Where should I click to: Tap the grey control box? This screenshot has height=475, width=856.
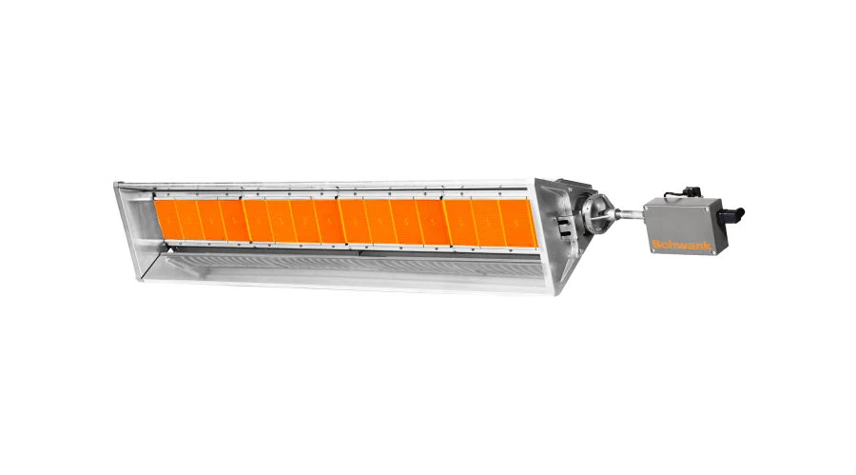[683, 224]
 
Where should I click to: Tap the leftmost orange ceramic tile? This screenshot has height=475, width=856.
[164, 218]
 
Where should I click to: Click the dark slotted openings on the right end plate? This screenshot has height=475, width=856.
[564, 228]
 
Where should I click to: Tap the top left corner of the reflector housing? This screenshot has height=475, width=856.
[116, 185]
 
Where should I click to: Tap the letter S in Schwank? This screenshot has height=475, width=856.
[655, 246]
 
